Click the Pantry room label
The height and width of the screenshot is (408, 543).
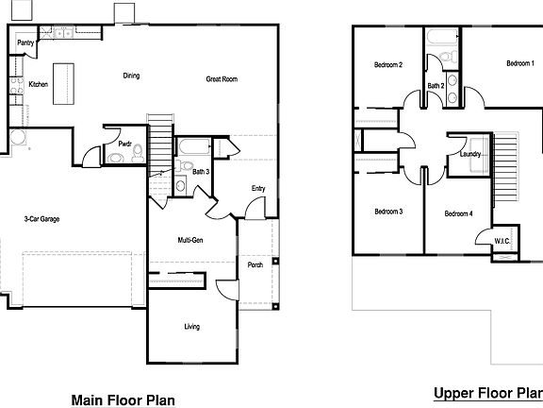click(25, 42)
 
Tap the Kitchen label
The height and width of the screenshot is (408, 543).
click(38, 84)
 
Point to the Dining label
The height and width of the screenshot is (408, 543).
click(132, 76)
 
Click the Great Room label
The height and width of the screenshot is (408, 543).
click(221, 79)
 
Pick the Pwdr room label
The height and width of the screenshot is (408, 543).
click(124, 144)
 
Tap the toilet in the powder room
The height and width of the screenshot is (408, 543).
click(137, 151)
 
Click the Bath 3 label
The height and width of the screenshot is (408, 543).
click(201, 172)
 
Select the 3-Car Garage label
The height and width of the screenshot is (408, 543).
click(42, 219)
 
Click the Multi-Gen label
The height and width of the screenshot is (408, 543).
click(191, 241)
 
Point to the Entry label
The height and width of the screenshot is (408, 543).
click(258, 189)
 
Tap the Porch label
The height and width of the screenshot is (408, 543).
click(255, 265)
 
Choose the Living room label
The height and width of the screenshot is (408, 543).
click(191, 327)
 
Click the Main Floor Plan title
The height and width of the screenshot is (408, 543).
click(123, 399)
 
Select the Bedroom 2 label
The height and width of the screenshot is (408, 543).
click(388, 65)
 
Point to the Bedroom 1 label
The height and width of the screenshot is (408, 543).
click(519, 64)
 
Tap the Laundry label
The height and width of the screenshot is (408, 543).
click(471, 154)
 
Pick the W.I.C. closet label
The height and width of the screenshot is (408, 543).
click(502, 242)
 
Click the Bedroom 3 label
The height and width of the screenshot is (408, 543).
click(388, 212)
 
